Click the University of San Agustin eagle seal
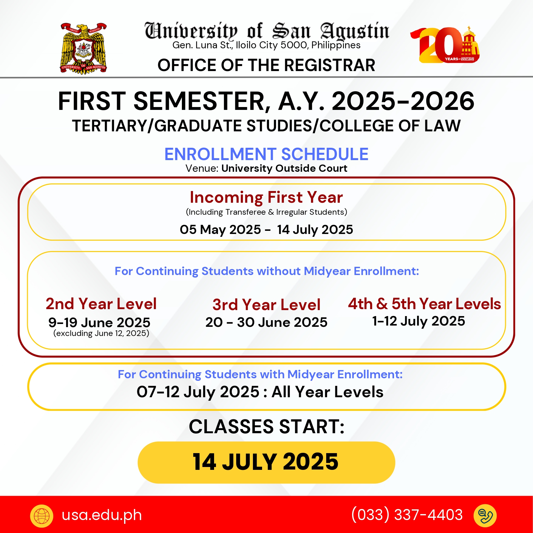(x=83, y=48)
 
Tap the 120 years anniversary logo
(x=445, y=45)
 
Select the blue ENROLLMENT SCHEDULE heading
(x=266, y=154)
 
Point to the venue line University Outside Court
(x=266, y=168)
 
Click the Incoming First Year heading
(x=266, y=197)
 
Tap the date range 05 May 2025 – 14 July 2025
(x=266, y=230)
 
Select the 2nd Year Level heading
(x=101, y=304)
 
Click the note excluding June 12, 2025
(x=101, y=333)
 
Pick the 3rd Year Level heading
(x=266, y=305)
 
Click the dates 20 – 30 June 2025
(x=266, y=322)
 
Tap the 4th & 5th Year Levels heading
(x=424, y=304)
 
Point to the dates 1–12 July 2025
(x=419, y=321)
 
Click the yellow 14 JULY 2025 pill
(x=266, y=462)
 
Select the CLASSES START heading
(x=266, y=427)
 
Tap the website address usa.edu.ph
(x=102, y=515)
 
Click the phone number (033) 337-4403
(x=407, y=515)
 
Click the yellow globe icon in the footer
(x=42, y=516)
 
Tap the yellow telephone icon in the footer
(x=485, y=516)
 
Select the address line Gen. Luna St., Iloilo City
(x=266, y=45)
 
